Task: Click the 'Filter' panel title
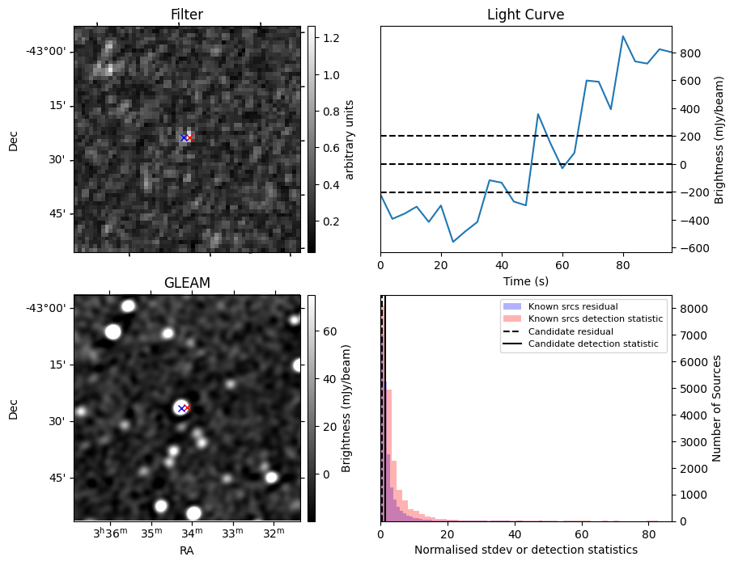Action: [x=187, y=15]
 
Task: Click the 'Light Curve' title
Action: [x=525, y=15]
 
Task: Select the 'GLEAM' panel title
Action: [x=187, y=283]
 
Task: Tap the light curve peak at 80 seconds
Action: [x=622, y=36]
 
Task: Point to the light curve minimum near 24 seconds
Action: [x=453, y=242]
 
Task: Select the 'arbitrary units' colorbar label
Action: [x=350, y=139]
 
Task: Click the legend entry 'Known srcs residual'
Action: [x=572, y=307]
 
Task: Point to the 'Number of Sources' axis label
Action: [x=716, y=408]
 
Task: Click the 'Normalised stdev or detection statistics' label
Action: [x=525, y=550]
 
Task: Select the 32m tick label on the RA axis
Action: [x=274, y=533]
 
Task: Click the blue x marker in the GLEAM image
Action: [x=181, y=409]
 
